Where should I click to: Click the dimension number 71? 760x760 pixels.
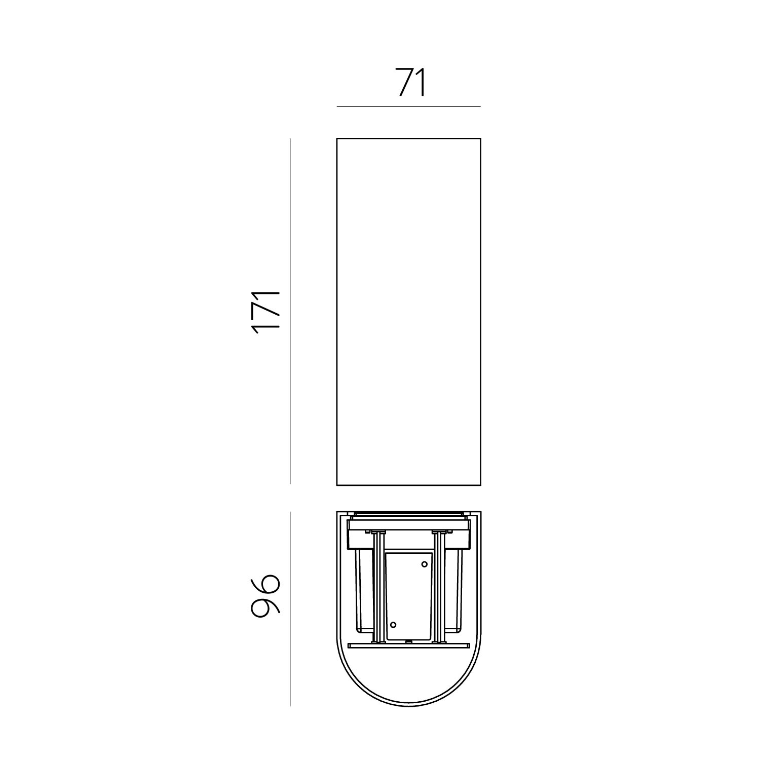411,82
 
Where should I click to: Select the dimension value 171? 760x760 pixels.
266,312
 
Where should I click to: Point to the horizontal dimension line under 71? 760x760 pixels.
408,106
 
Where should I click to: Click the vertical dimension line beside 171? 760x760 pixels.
290,311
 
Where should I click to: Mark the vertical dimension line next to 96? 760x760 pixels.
290,609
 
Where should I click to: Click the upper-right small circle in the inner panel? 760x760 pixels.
424,564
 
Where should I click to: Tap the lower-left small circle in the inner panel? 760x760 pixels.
394,624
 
